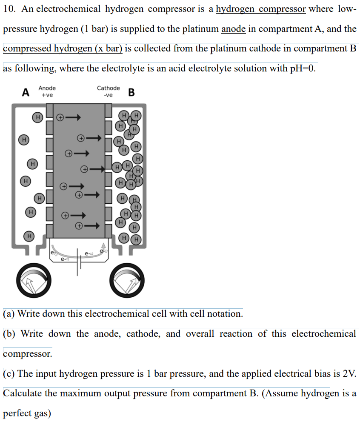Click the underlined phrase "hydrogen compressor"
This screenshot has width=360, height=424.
click(260, 9)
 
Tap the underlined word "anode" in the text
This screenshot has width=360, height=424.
click(233, 29)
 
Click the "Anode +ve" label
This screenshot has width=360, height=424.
click(47, 91)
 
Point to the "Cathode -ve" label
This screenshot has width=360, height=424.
click(109, 91)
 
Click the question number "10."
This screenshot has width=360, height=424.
click(10, 9)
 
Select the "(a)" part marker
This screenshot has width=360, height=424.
click(9, 314)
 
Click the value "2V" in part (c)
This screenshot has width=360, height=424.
click(344, 374)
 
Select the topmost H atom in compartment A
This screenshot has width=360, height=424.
click(38, 117)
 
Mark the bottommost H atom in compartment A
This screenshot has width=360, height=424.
click(29, 235)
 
